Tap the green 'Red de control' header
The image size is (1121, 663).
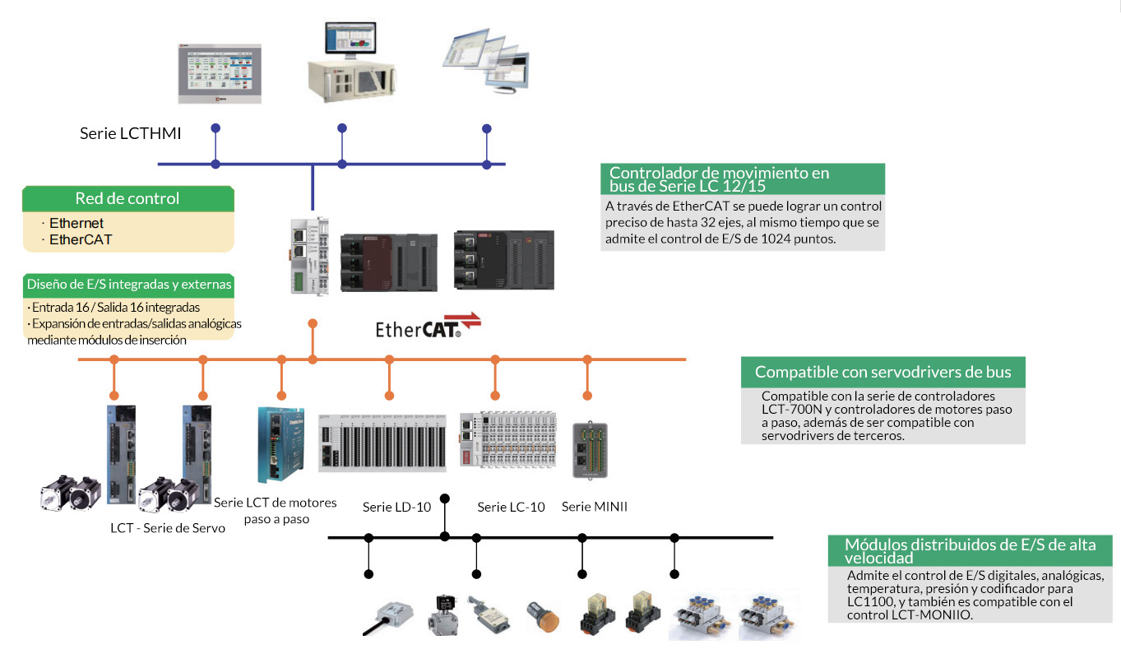[127, 198]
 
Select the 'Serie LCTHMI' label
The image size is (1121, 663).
[130, 132]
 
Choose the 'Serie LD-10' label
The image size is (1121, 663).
[396, 507]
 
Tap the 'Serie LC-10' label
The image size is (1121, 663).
[511, 507]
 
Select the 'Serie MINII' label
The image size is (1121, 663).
[594, 507]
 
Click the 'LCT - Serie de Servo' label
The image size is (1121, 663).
[167, 528]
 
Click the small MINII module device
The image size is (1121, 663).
[591, 449]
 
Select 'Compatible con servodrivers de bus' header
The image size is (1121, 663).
[882, 372]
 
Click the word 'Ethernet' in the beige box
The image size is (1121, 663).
[76, 223]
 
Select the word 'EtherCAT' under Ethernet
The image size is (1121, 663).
[80, 239]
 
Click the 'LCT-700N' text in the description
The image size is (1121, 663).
[790, 409]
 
